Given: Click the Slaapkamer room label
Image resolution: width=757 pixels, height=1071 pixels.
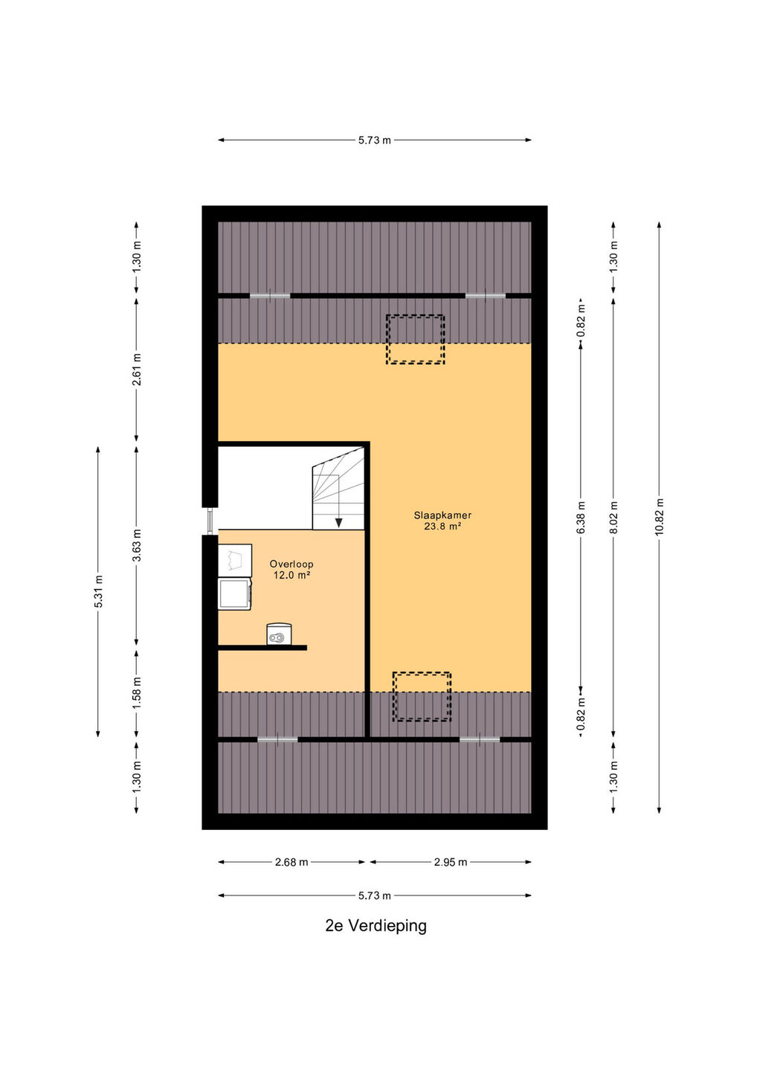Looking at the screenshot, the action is (x=442, y=515).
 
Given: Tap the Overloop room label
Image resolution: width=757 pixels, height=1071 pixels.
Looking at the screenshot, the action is (x=291, y=565).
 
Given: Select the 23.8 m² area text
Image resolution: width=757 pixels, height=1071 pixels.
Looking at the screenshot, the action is (x=442, y=527).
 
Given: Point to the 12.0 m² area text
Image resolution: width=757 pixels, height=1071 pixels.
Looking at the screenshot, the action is (x=291, y=576).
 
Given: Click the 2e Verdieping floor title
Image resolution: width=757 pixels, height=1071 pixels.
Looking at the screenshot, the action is (x=376, y=926).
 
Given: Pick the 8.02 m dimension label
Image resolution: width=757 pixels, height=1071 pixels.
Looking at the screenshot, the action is (x=613, y=518).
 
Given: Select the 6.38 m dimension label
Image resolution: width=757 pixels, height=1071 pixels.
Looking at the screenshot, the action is (x=581, y=518).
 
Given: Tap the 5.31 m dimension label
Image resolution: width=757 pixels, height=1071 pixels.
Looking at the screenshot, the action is (x=98, y=591).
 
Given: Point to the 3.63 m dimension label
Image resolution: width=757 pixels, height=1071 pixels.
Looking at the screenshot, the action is (x=137, y=545).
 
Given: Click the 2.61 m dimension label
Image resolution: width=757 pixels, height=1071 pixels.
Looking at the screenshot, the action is (x=137, y=370).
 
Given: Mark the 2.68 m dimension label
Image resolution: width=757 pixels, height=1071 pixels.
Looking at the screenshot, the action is (x=291, y=862).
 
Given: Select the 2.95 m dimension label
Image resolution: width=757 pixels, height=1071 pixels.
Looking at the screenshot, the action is (x=451, y=862).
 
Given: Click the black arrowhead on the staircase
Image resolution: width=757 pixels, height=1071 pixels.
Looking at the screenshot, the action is (x=338, y=523).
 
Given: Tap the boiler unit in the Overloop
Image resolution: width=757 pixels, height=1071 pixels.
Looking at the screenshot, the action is (x=279, y=634).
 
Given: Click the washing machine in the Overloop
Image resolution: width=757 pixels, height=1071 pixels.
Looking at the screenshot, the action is (x=235, y=594).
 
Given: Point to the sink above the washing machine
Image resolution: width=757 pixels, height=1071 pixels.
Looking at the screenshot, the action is (x=235, y=560).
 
